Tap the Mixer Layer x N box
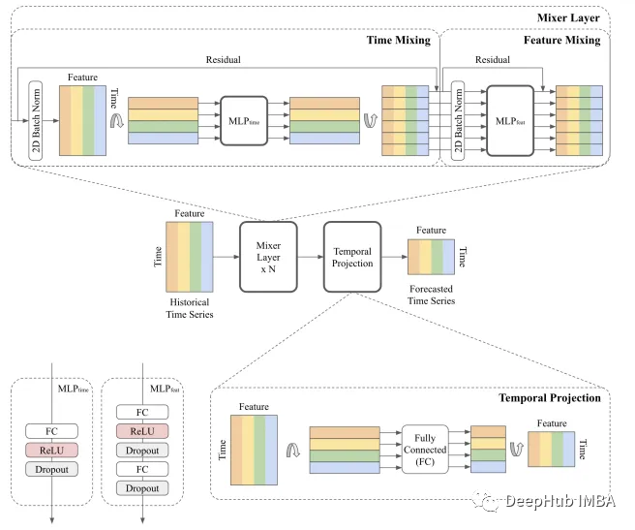(x=272, y=256)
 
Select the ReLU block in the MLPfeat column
(x=141, y=429)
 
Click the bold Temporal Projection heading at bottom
(x=549, y=397)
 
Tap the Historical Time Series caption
(x=189, y=308)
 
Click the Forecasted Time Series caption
(x=429, y=295)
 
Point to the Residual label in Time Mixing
(x=224, y=59)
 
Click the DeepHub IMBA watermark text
(x=559, y=501)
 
